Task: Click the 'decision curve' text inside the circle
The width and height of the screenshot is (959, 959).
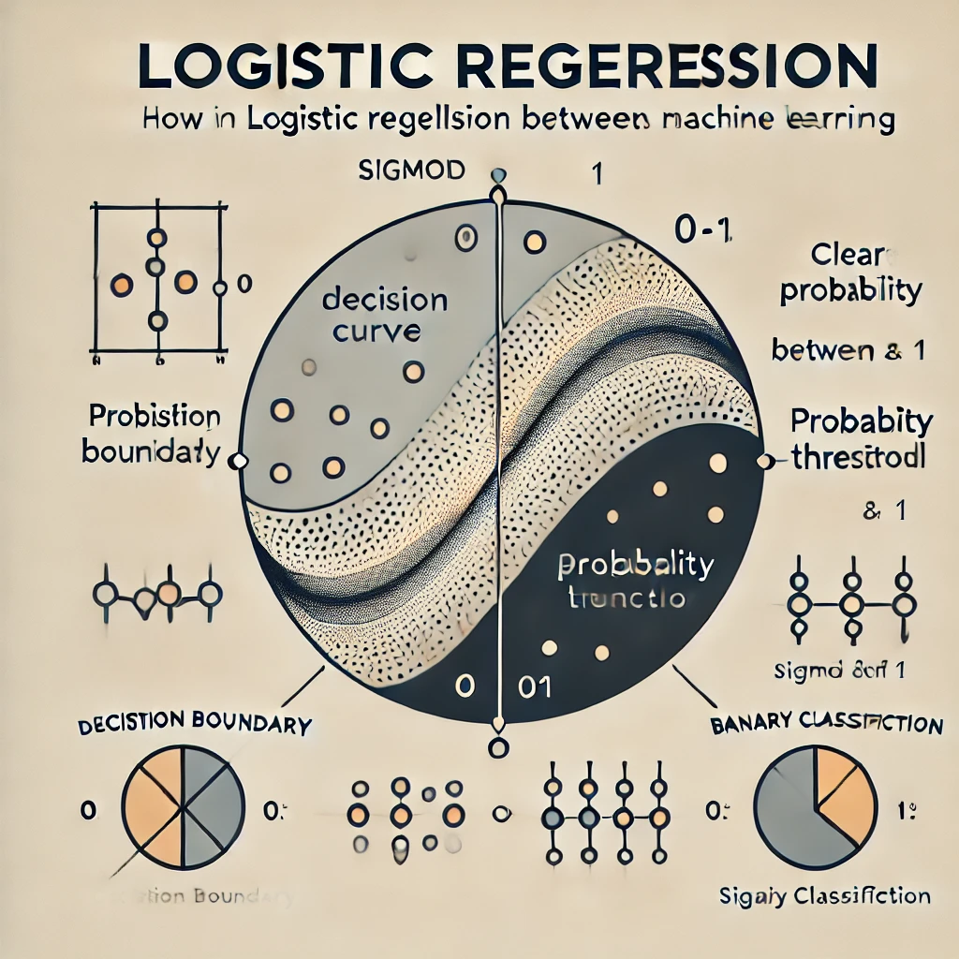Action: tap(384, 316)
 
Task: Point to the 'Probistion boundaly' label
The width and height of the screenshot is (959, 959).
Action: tap(151, 434)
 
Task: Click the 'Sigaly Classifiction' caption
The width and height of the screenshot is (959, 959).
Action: tap(824, 896)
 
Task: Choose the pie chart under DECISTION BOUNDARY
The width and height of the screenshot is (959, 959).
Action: tap(184, 806)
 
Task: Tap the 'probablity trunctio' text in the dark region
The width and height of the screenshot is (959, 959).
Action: tap(634, 581)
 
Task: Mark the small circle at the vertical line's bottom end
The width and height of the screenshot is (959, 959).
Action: tap(498, 747)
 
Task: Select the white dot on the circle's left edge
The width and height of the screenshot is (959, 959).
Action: tap(238, 460)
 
